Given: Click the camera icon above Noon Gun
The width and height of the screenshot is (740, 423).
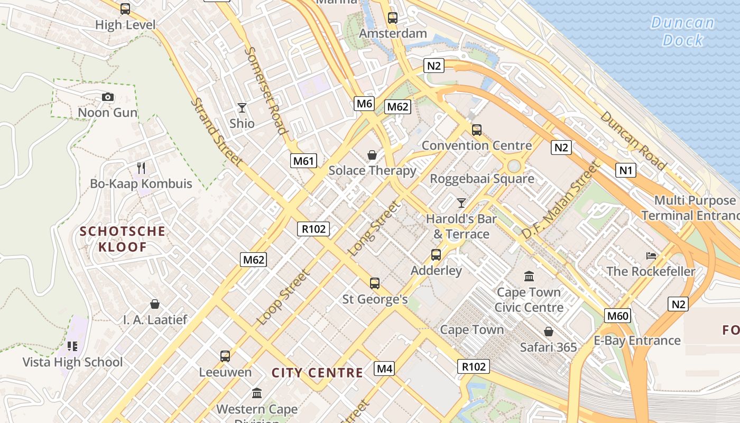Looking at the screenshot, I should pos(107,97).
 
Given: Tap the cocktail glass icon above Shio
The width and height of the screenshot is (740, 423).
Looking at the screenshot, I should pos(242,108).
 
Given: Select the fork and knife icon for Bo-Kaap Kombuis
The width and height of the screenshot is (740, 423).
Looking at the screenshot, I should pos(141,168).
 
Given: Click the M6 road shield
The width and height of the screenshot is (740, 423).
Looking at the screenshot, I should pos(364,104).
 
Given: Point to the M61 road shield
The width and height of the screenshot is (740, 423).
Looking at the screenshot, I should pos(303,161).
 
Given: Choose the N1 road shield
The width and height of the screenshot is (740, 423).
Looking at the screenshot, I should pos(626,170).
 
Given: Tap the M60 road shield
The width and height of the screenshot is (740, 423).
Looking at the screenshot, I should pos(617,316).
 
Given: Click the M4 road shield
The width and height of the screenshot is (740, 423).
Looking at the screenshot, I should pos(384,369).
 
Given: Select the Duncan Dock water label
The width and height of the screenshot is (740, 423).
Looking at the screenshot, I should pos(683,31).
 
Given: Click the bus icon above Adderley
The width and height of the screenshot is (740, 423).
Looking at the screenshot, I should pos(436,255).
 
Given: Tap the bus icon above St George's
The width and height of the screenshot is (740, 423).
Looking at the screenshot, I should pos(375,283).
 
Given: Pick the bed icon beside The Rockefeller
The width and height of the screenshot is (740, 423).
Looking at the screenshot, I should pos(651,256).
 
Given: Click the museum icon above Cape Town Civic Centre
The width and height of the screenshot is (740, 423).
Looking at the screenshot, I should pos(529,276).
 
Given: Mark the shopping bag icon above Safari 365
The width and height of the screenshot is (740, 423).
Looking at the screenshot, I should pos(549,332).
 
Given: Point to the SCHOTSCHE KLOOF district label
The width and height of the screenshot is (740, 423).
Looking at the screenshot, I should pos(123,239).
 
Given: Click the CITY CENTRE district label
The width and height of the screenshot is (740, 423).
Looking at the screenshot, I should pos(317,373).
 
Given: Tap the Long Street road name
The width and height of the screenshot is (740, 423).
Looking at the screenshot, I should pos(373,228).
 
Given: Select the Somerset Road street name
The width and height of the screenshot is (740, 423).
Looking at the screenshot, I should pos(266,91).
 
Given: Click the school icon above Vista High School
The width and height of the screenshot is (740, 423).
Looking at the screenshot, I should pos(72,346).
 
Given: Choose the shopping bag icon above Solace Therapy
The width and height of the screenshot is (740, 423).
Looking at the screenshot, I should pos(372,155).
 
